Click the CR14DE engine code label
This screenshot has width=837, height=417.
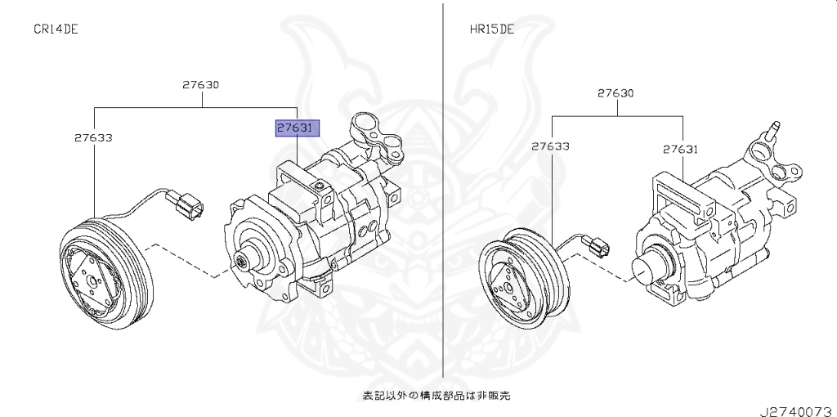56,29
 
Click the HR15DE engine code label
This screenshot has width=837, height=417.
491,29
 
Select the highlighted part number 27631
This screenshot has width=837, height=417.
298,128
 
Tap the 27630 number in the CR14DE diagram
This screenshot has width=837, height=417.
200,84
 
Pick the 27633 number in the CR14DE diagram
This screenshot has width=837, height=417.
93,137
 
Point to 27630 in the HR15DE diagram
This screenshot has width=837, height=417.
615,93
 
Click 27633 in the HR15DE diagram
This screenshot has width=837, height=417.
550,146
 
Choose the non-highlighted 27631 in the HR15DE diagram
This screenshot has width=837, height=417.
681,150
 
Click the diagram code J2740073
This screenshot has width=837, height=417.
798,411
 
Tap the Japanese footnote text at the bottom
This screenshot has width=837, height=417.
436,396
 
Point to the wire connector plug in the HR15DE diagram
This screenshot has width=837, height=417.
597,248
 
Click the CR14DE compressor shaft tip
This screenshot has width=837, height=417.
244,262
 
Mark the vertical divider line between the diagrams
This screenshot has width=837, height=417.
443,190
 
